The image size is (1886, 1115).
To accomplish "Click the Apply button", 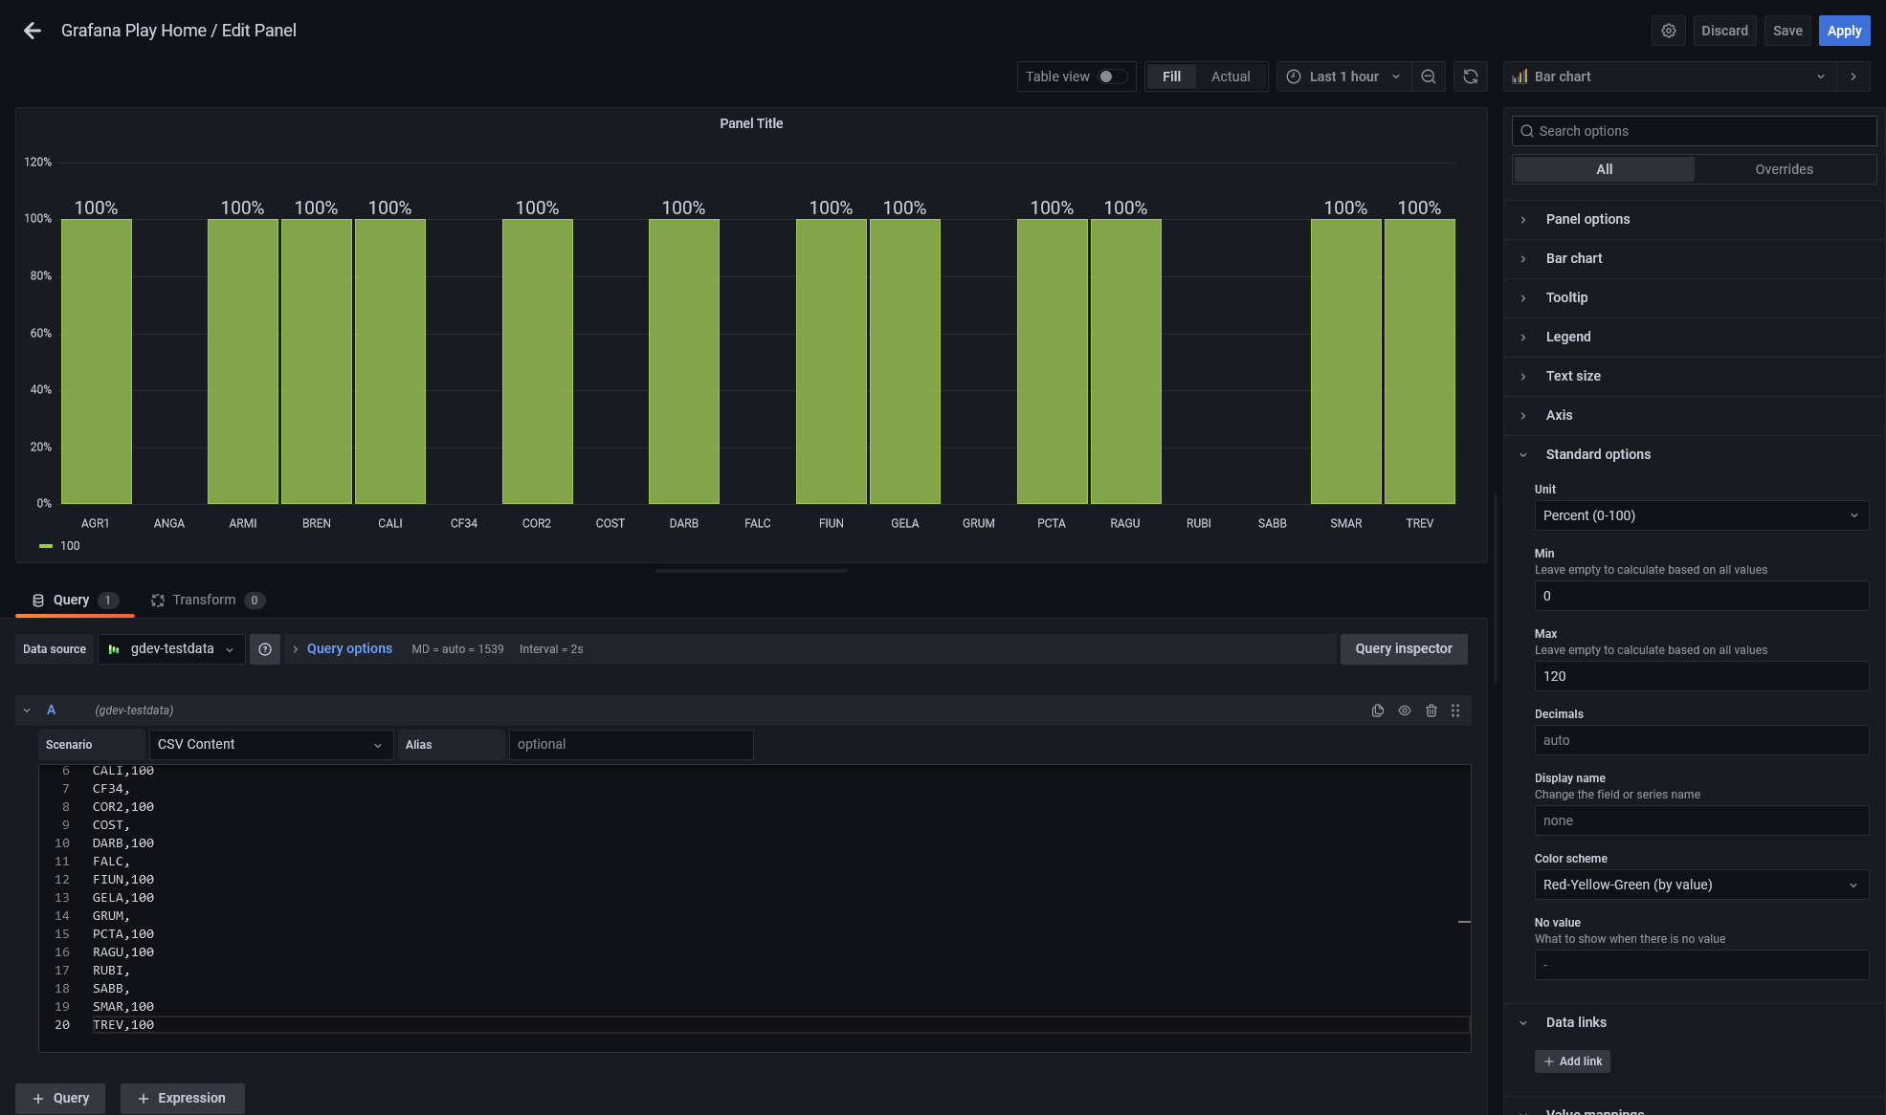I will (x=1843, y=31).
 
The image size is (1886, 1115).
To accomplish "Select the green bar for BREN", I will (x=316, y=361).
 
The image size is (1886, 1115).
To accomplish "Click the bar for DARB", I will (x=683, y=361).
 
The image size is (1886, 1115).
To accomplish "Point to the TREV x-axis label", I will (x=1419, y=523).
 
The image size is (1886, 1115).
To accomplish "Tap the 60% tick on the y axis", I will (x=41, y=333).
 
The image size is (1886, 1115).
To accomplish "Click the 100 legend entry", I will (x=70, y=546).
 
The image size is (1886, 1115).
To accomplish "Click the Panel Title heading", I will (x=751, y=123).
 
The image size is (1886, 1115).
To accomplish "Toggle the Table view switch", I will (x=1112, y=77).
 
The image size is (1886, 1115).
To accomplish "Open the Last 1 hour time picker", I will (x=1342, y=77).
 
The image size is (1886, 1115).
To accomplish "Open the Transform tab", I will (x=204, y=600).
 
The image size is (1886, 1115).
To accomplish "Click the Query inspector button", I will (x=1403, y=648).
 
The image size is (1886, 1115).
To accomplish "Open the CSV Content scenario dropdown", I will (x=271, y=744).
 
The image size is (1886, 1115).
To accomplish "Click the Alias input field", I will (x=631, y=744).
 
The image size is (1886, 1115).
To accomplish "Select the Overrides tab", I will (x=1784, y=169).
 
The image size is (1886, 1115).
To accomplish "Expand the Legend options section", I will (x=1568, y=337).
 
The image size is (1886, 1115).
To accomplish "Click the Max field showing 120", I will (x=1700, y=676).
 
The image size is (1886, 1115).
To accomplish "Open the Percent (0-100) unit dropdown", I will (x=1700, y=515).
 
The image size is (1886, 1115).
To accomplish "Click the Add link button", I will (x=1572, y=1061).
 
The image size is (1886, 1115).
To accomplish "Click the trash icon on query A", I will (x=1431, y=711).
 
